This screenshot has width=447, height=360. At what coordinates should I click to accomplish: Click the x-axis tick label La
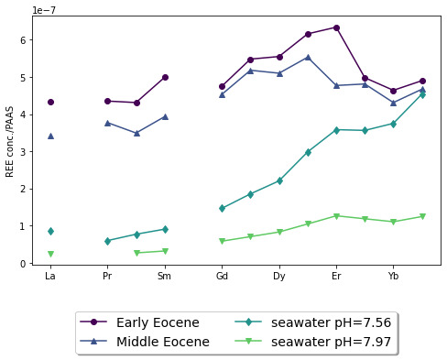50,276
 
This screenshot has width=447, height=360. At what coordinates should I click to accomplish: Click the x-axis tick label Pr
107,276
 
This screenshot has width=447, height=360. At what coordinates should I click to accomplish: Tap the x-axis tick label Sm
164,276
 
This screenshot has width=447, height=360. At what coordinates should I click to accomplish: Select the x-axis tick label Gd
222,276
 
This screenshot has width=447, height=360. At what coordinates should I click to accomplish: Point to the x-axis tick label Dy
278,276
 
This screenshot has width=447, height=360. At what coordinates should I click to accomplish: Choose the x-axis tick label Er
336,276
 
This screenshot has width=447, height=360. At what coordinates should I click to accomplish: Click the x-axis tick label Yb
393,276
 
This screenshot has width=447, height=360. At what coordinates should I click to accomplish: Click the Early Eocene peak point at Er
336,27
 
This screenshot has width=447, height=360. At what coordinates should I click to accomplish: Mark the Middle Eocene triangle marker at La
50,136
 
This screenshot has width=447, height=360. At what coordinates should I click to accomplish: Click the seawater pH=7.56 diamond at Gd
222,208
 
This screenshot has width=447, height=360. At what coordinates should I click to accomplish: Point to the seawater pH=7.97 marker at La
50,254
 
